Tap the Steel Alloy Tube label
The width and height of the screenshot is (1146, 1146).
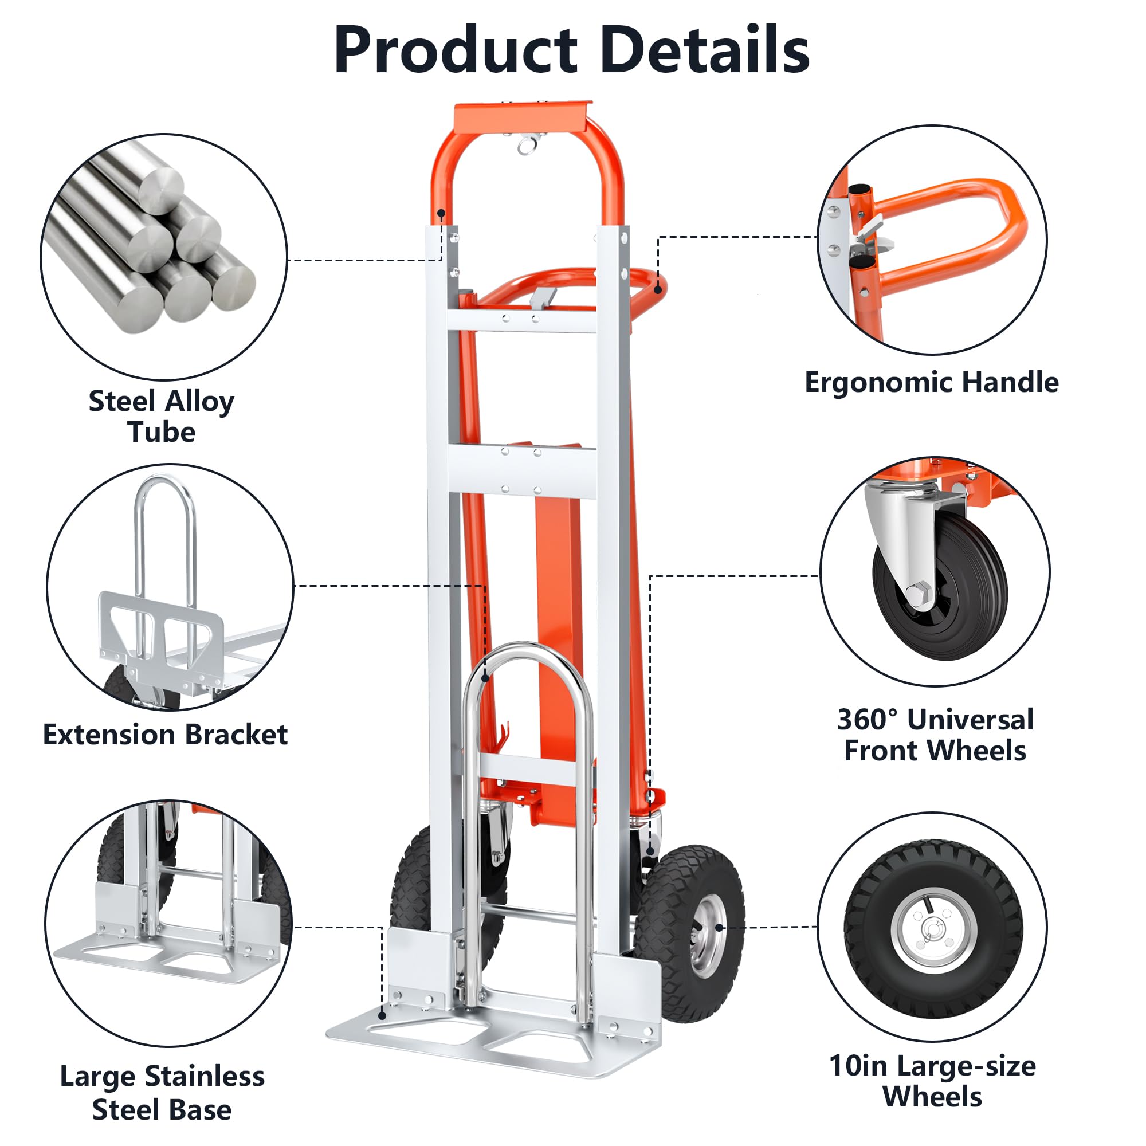(x=162, y=417)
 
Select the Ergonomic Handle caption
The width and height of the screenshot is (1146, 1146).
(x=931, y=383)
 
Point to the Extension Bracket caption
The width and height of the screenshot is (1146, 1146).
(x=165, y=735)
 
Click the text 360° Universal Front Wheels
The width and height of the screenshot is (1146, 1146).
(x=935, y=735)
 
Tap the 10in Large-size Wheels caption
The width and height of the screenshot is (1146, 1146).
(x=932, y=1081)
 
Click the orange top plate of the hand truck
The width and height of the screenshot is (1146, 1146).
(x=522, y=117)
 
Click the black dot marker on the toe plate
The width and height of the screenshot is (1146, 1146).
(x=382, y=1015)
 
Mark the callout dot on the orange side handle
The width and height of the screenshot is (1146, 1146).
(x=657, y=290)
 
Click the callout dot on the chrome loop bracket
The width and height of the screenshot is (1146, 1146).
(x=485, y=678)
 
